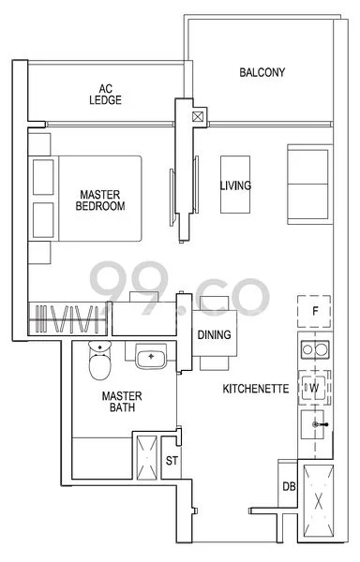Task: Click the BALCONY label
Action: (262, 72)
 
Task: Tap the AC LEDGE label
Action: (105, 95)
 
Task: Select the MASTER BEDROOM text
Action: (100, 200)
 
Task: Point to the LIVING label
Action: (235, 185)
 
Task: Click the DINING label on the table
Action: (214, 334)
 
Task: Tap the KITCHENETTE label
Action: (256, 389)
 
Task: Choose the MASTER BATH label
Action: (122, 402)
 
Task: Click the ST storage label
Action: (172, 461)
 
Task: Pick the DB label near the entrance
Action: (289, 486)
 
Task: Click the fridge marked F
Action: (314, 311)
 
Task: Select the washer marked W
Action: (314, 388)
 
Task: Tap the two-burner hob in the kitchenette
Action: (314, 349)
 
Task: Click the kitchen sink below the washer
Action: (313, 424)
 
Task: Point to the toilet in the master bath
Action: (100, 361)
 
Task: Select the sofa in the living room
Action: (309, 185)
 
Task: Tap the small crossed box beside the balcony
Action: (198, 117)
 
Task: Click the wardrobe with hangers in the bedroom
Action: (67, 319)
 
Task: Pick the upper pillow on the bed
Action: (43, 177)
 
